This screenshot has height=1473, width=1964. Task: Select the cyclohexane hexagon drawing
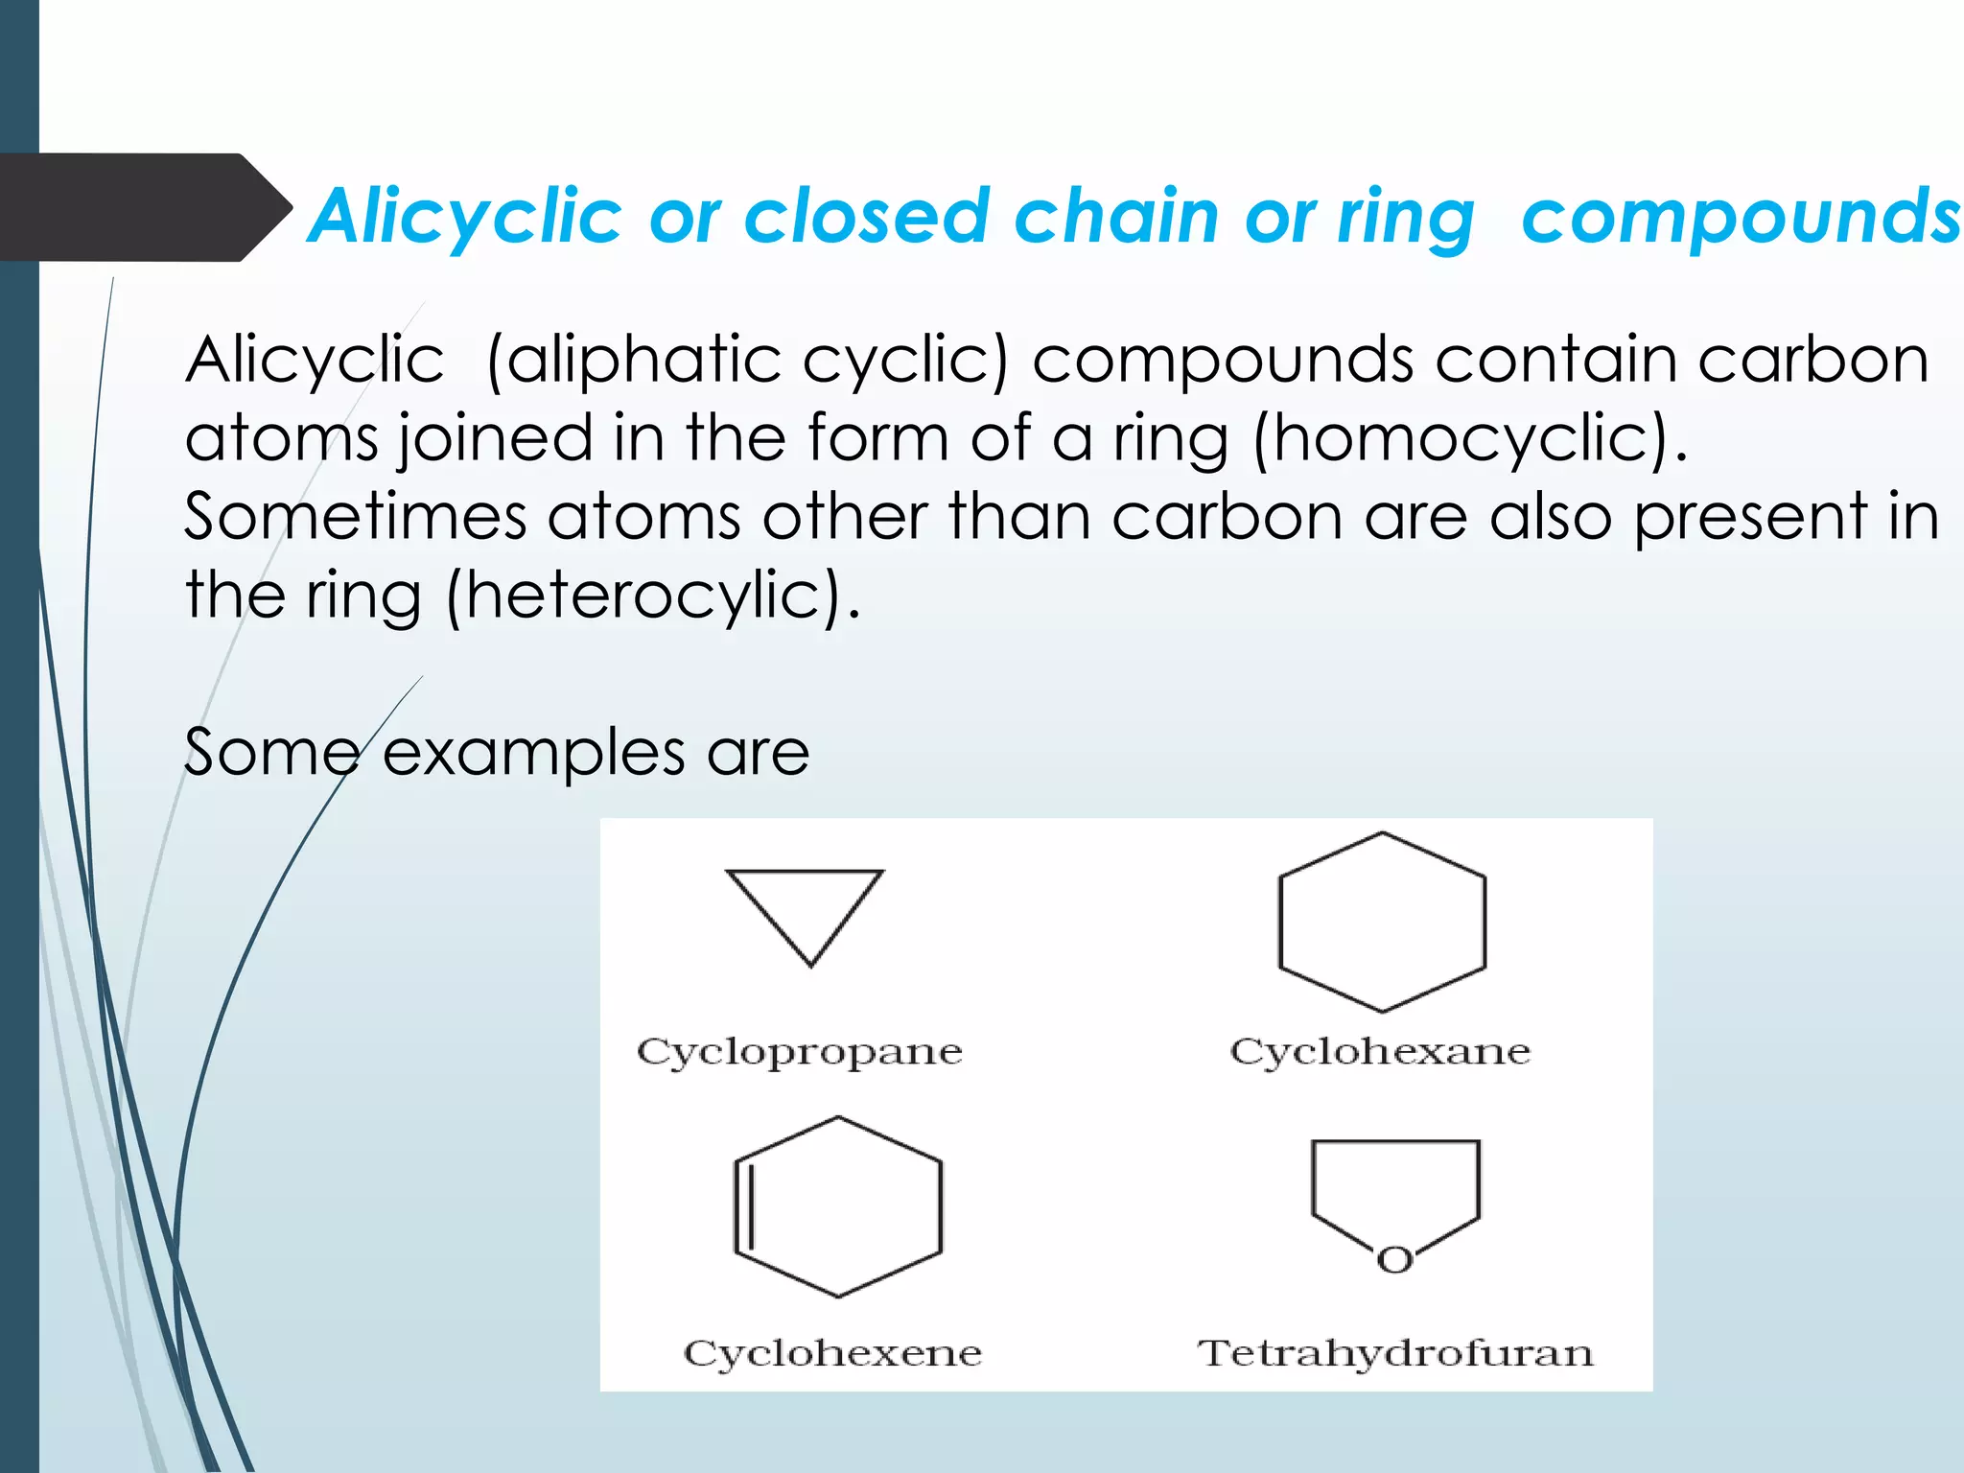coord(1382,923)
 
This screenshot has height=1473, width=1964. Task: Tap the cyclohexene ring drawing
coord(838,1206)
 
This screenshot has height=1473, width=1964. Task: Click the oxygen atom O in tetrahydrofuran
coord(1394,1260)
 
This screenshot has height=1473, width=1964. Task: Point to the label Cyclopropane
coord(799,1052)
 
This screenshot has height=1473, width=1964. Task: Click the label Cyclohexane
coord(1380,1052)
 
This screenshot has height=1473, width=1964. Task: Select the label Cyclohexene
coord(832,1353)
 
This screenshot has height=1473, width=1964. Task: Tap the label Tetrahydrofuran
coord(1394,1353)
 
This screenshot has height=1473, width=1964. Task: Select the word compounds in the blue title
coord(1742,217)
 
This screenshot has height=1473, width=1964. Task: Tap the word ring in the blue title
coord(1406,219)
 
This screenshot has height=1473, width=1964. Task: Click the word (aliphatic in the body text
coord(634,361)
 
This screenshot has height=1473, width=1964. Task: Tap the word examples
coord(533,752)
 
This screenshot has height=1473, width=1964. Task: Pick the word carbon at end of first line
coord(1812,361)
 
